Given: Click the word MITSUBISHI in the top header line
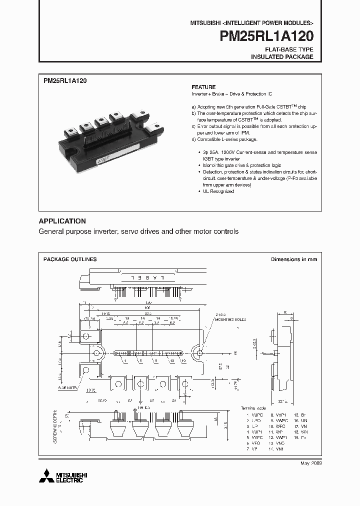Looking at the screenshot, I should (x=204, y=23).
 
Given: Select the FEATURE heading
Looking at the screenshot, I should (x=203, y=87).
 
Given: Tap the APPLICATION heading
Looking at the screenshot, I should (x=62, y=221).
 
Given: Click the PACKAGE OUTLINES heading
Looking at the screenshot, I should (x=70, y=259).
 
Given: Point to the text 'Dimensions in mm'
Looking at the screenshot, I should (x=294, y=259).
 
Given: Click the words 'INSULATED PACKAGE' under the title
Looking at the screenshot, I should (x=282, y=57).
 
